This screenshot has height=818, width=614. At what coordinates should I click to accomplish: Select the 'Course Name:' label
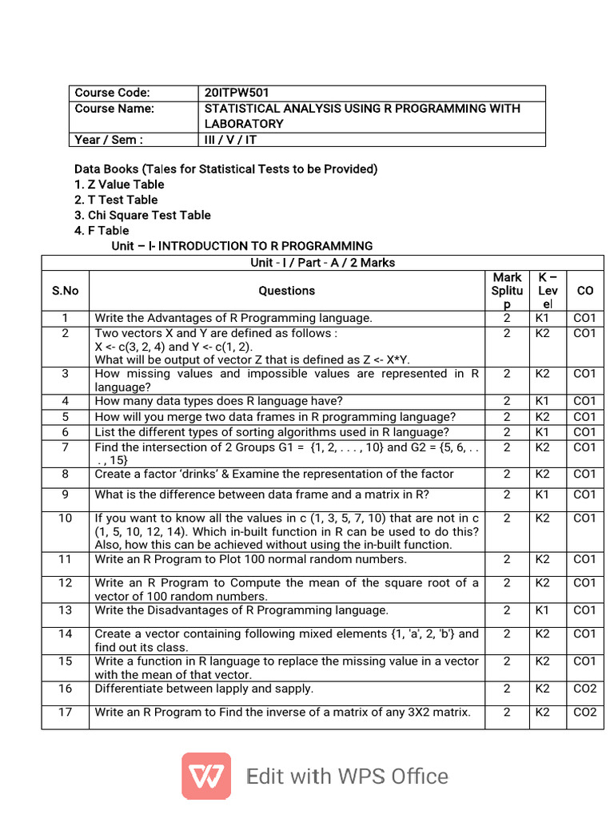(114, 109)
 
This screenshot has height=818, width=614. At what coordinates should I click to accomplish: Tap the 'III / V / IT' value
(231, 140)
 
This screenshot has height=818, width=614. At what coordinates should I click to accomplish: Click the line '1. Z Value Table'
(119, 185)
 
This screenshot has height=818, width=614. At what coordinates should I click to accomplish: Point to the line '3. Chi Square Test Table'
(142, 215)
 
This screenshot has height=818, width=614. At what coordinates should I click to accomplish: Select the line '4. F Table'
(102, 230)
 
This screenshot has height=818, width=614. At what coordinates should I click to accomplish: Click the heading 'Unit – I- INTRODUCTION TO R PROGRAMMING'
(241, 246)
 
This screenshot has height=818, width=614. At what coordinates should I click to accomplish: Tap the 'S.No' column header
(65, 291)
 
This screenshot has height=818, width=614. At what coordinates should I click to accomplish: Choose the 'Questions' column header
(286, 291)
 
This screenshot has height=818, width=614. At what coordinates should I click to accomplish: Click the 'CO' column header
(585, 291)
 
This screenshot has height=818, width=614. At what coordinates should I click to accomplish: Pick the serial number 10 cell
(65, 518)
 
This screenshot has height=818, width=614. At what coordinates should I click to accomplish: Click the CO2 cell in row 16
(585, 689)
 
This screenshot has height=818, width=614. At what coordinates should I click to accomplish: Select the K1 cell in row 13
(543, 610)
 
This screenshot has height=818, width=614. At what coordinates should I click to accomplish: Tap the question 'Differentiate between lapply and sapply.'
(204, 689)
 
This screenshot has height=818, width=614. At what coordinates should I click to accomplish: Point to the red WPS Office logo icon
(206, 776)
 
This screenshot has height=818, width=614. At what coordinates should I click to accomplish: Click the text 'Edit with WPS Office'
(347, 776)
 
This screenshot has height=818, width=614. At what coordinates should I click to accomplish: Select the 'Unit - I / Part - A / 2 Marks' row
(322, 262)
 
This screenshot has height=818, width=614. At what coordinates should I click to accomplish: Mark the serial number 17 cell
(65, 713)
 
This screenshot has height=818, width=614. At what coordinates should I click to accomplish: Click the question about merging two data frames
(275, 417)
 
